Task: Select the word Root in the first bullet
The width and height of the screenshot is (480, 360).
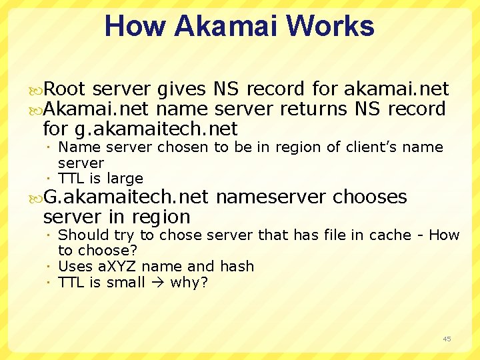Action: coord(65,89)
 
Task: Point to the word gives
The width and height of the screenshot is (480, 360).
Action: coord(182,89)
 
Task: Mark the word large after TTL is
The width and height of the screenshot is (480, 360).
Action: coord(125,179)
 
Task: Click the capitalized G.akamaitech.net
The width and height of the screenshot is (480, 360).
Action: coord(126,197)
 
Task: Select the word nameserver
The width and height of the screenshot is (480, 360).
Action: coord(271,197)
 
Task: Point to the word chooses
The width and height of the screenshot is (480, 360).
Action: coord(370,197)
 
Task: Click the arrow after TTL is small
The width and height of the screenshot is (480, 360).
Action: coord(157,283)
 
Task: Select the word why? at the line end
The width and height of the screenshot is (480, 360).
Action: coord(189,283)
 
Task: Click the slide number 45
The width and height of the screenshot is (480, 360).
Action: coord(447,339)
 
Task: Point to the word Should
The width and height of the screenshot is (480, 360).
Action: coord(81,235)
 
